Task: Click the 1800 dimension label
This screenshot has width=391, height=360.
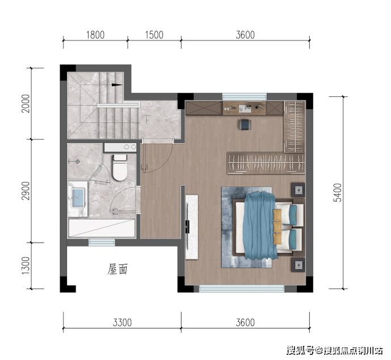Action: pos(95,35)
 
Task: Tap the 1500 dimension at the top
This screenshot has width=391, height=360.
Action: pos(154,35)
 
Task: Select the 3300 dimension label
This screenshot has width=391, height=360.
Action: pos(122,323)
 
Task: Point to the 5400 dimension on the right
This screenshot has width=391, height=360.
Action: pos(337,193)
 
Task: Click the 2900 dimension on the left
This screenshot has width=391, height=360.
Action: pos(26,191)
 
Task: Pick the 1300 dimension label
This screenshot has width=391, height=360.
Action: pos(26,265)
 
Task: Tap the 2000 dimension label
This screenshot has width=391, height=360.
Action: pos(26,103)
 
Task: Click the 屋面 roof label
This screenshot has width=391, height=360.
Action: pos(117,269)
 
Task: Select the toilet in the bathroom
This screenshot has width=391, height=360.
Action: pos(120,167)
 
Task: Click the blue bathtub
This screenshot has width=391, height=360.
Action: pos(78,198)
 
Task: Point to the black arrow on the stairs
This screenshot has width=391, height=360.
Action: pos(117,84)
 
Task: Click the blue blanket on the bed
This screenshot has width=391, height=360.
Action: pos(260,226)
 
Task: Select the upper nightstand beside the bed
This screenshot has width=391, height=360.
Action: pos(298,190)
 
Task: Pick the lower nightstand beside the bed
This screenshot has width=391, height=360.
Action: pos(298,265)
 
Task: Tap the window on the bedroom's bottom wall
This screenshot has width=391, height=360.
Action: pos(242,289)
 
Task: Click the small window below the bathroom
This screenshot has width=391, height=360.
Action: pos(102,242)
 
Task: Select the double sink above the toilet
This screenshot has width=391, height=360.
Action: pos(120,147)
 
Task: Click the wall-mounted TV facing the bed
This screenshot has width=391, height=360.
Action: pos(187,227)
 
